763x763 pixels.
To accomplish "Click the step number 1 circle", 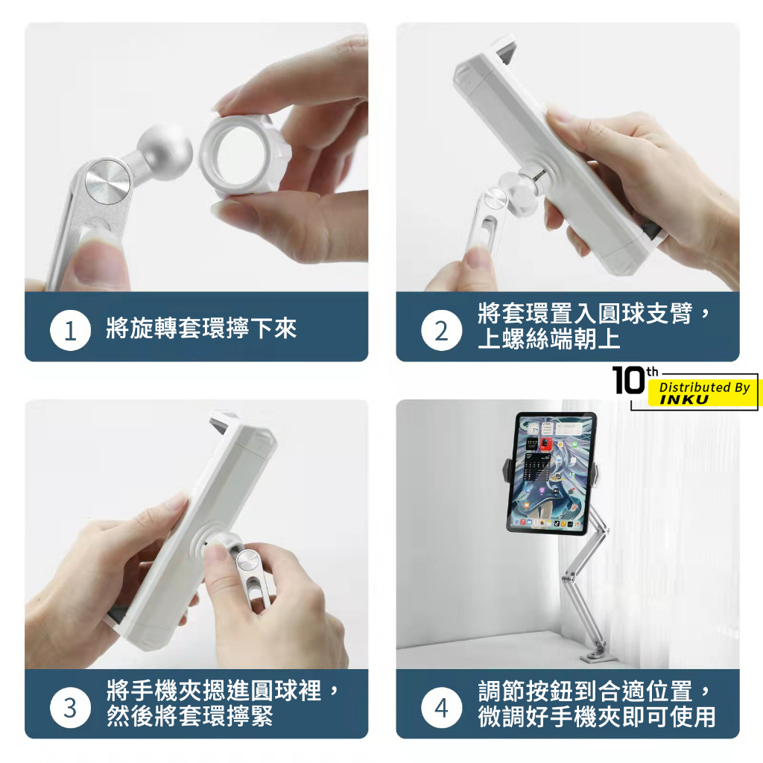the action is [70, 330].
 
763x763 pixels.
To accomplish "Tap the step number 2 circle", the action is [441, 330].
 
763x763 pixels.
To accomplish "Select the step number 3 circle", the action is [70, 708].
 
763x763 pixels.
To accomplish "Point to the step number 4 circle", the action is [441, 708].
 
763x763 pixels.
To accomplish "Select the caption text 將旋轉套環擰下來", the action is [201, 329].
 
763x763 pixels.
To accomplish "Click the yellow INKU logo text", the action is [684, 400].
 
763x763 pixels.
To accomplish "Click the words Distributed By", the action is [704, 387].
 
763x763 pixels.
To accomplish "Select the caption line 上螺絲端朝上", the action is [549, 339].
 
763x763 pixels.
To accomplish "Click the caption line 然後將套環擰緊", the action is [190, 716].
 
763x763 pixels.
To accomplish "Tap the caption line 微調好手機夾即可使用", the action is [597, 716].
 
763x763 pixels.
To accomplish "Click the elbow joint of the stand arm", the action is [569, 577].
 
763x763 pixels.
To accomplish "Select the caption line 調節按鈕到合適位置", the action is [585, 691].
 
